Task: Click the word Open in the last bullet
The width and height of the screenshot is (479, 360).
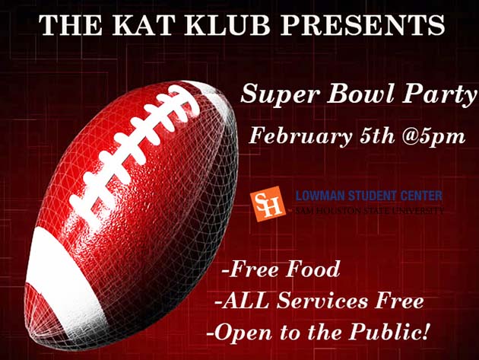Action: [240, 333]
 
